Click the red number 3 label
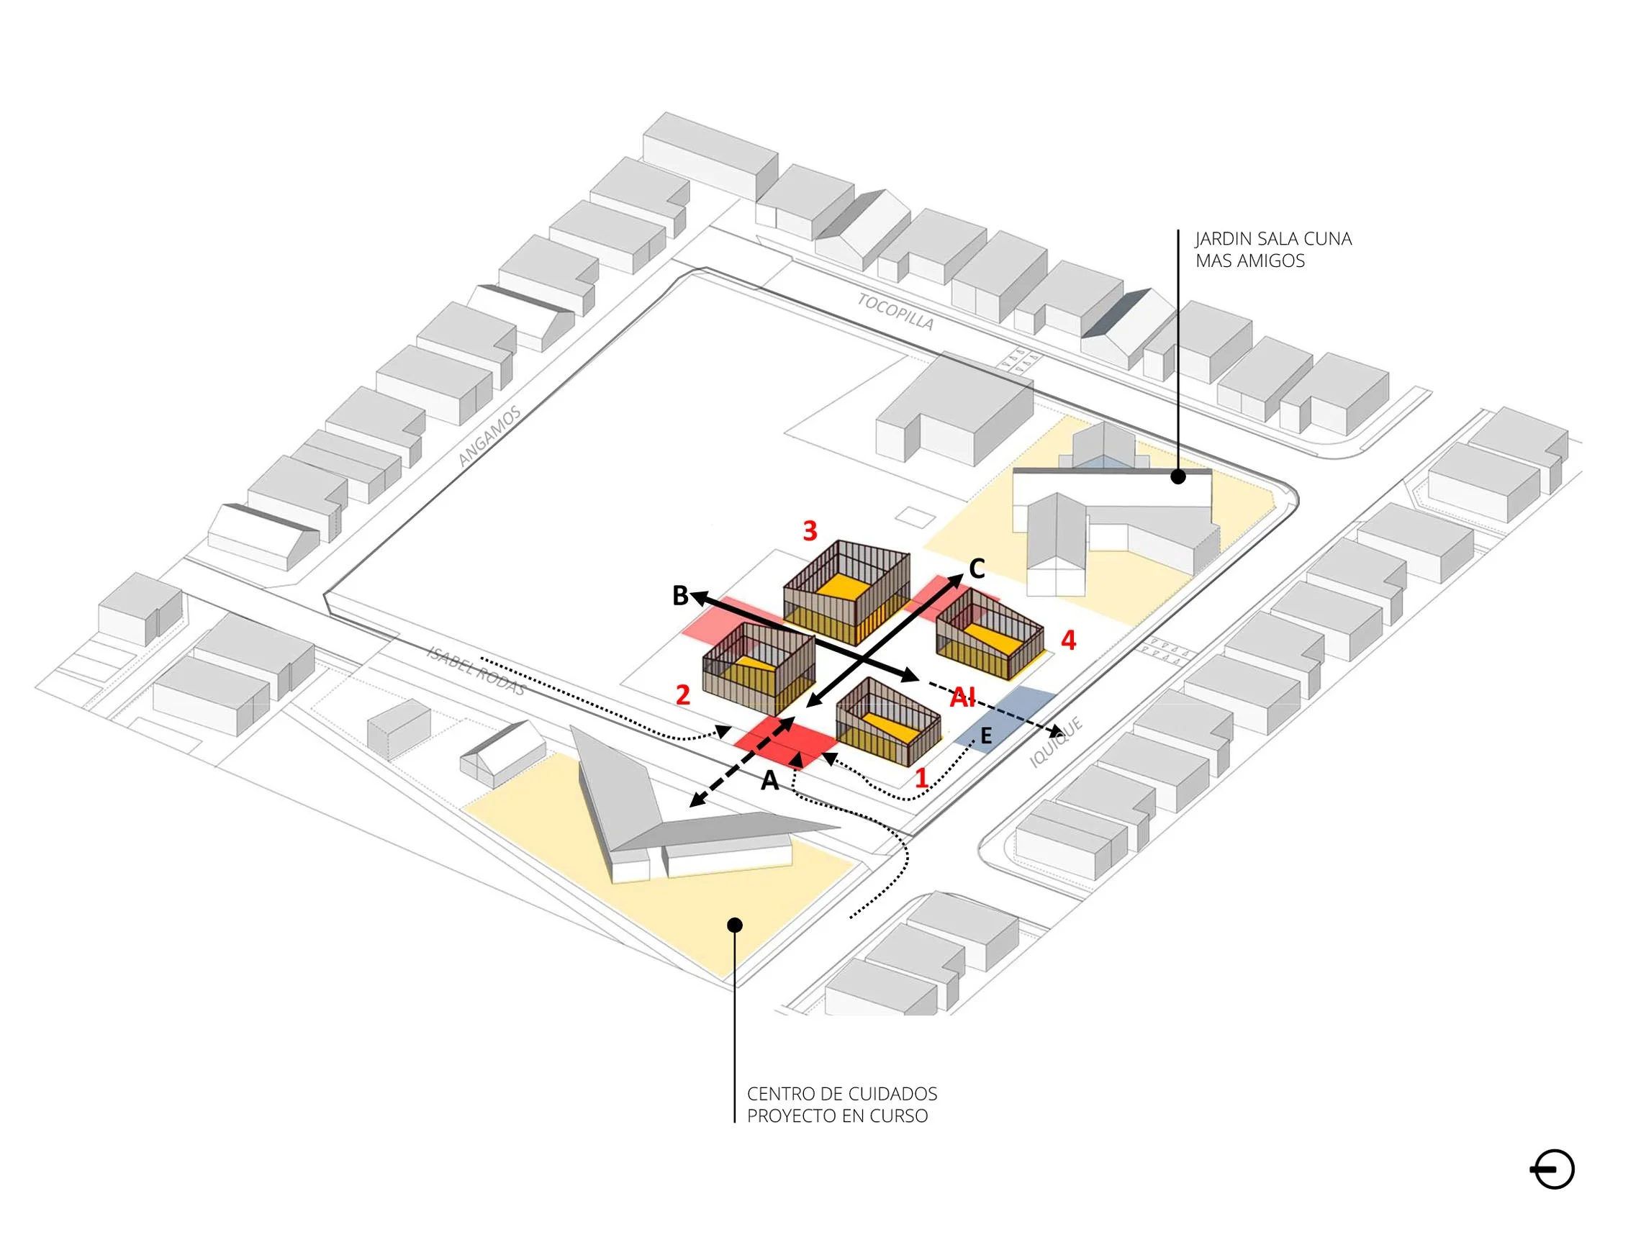[810, 530]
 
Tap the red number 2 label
[682, 694]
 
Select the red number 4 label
[1068, 640]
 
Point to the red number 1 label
[921, 777]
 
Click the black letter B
[680, 595]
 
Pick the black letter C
[977, 569]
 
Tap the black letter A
[770, 781]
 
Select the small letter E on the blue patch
[986, 736]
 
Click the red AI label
[963, 697]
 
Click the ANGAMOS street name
[489, 436]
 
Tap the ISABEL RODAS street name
[476, 671]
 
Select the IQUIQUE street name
[1057, 742]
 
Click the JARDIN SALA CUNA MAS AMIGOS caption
[1273, 249]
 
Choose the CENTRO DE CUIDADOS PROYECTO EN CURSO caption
[842, 1105]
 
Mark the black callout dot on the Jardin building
[1178, 477]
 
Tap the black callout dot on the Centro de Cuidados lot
[734, 925]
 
